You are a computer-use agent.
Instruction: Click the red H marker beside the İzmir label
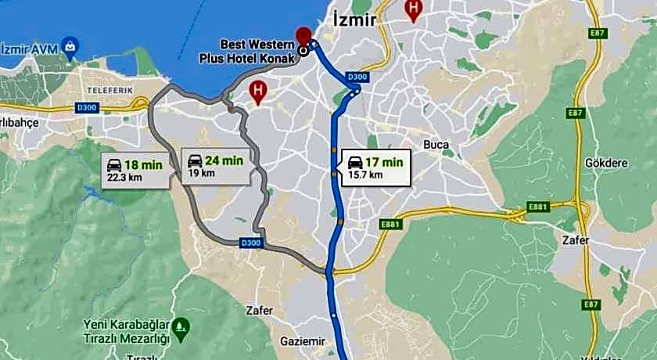click(413, 10)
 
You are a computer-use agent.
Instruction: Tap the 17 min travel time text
click(384, 162)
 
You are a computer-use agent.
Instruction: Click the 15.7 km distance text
click(365, 175)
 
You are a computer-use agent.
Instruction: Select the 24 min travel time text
click(224, 160)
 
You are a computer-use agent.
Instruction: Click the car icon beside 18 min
click(113, 164)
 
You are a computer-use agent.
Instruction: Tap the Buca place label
click(436, 145)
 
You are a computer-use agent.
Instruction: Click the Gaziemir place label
click(301, 341)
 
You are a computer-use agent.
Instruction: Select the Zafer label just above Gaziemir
click(259, 311)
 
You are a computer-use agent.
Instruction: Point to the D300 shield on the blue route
click(357, 77)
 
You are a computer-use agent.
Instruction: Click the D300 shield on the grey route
click(251, 243)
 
